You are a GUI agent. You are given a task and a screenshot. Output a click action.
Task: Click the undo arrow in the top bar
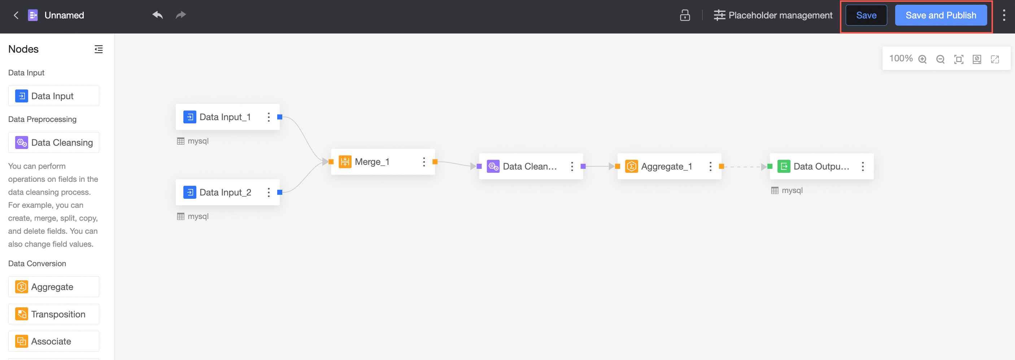click(158, 15)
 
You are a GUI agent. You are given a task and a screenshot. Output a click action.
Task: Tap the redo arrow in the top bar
click(181, 15)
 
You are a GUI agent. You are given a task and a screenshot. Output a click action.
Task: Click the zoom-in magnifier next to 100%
click(922, 59)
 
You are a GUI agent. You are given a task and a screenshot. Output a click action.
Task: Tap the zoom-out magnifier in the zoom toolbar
click(941, 59)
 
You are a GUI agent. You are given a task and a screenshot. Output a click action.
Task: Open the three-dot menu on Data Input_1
click(269, 117)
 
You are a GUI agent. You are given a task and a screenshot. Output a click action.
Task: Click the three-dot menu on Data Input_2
click(269, 192)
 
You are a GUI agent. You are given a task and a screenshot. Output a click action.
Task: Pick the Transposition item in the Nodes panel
click(53, 314)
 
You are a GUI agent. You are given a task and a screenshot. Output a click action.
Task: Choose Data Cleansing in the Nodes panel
click(53, 142)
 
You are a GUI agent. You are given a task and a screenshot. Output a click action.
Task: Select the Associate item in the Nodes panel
click(53, 341)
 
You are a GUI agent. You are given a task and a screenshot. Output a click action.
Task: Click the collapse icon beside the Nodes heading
click(99, 49)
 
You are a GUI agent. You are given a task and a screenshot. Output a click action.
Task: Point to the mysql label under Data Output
click(792, 190)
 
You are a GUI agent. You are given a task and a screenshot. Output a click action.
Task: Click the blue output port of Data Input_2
click(280, 192)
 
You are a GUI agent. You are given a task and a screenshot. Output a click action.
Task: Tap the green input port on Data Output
click(770, 166)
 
